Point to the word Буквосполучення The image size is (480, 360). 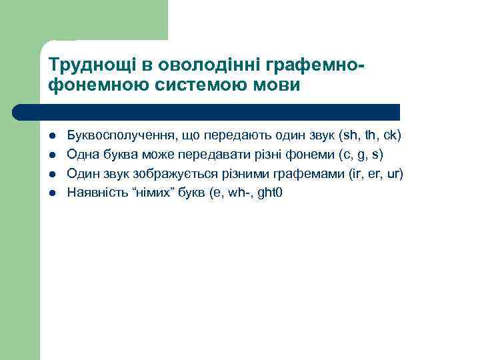pos(120,136)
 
